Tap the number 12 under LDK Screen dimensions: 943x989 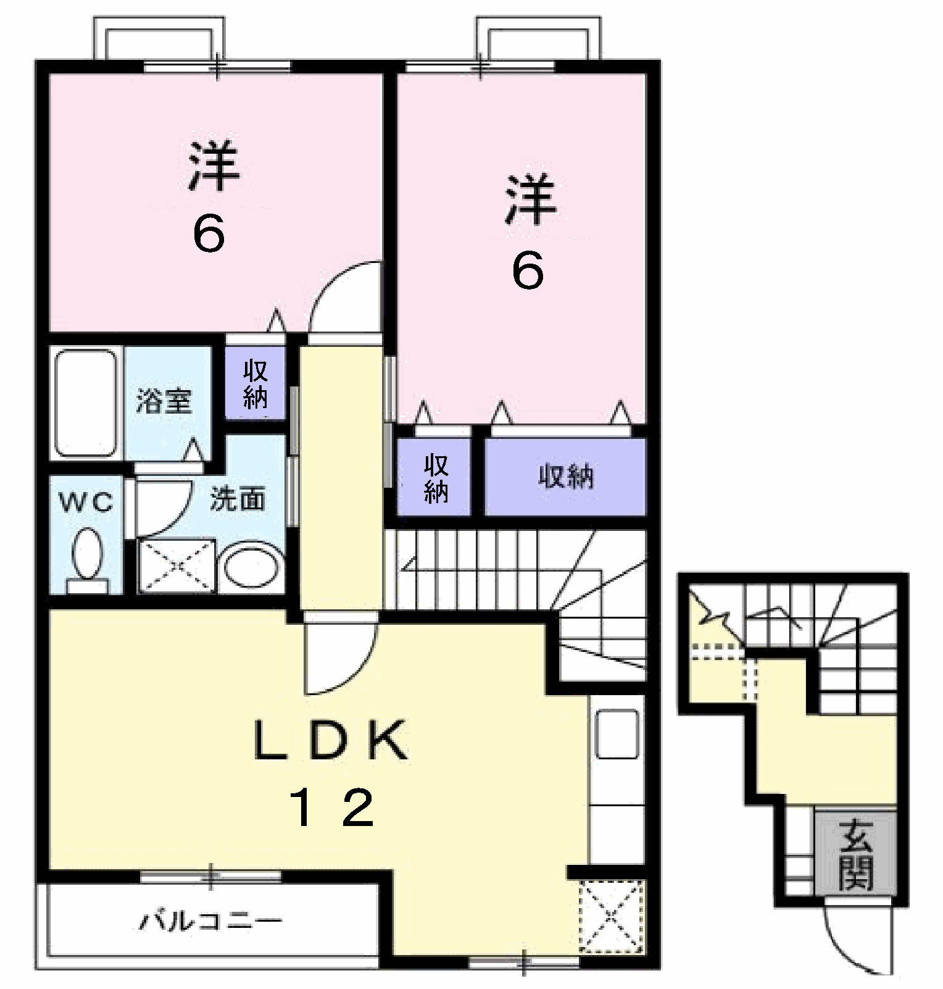pyautogui.click(x=333, y=808)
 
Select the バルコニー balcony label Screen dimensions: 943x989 pyautogui.click(x=209, y=922)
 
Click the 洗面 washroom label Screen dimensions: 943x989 pyautogui.click(x=238, y=498)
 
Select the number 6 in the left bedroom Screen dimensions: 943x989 pyautogui.click(x=208, y=235)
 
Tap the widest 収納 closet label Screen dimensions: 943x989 pyautogui.click(x=566, y=476)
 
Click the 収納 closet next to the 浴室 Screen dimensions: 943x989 pyautogui.click(x=255, y=384)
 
